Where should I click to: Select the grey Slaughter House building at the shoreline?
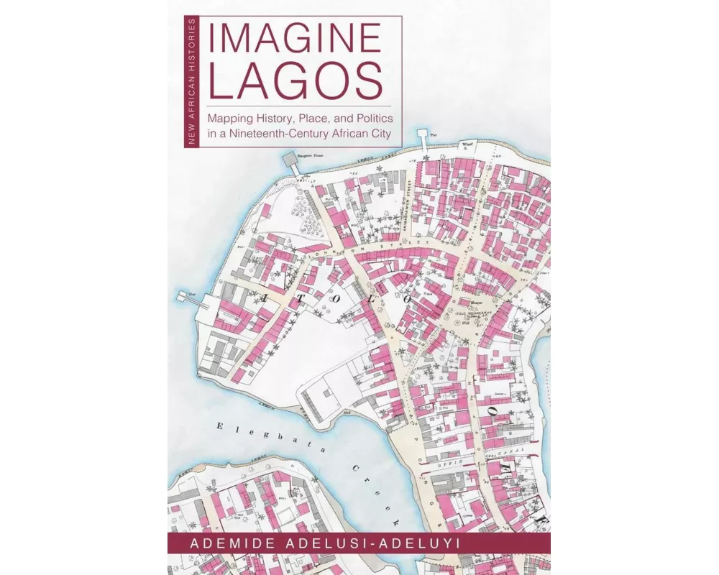pos(290,160)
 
